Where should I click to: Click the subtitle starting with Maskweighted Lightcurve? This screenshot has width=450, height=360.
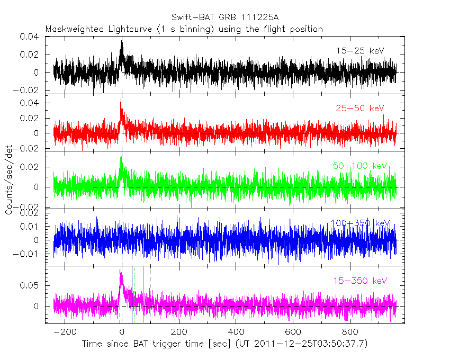184,29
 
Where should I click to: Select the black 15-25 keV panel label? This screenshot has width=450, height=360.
360,51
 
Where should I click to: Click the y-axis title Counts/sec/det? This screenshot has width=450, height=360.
10,180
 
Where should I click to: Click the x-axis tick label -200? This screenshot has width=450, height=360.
65,332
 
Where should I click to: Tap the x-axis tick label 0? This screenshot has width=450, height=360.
122,332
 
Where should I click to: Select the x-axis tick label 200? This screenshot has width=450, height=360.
179,332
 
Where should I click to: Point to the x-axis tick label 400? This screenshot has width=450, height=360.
236,332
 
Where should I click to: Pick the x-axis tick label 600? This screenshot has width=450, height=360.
293,332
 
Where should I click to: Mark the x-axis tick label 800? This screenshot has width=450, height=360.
349,332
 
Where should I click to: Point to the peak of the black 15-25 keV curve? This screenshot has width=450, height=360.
122,39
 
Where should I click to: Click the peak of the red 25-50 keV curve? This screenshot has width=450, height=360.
121,98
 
